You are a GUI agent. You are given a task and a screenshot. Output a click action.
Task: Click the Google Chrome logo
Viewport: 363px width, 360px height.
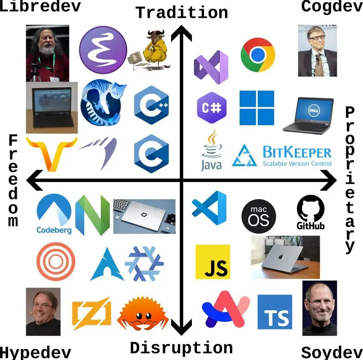(x=258, y=55)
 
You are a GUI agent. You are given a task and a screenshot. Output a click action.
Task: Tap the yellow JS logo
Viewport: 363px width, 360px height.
(x=213, y=262)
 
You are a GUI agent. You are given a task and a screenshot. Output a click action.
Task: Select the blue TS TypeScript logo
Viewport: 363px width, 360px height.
(x=275, y=312)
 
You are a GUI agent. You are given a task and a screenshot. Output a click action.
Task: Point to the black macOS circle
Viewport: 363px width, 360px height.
(x=259, y=216)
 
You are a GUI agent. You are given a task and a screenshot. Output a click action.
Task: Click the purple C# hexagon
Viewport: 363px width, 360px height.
(x=212, y=108)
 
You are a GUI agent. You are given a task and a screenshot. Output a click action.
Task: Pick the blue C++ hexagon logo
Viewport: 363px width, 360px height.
(x=151, y=105)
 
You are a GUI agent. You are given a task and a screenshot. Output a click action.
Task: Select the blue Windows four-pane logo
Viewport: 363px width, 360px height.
(x=257, y=108)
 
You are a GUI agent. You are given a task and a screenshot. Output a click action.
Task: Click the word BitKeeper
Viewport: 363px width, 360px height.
(x=297, y=153)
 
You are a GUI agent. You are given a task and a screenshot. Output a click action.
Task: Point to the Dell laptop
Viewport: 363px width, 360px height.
(x=308, y=115)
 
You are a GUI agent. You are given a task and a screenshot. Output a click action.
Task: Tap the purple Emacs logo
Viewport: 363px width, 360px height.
(x=103, y=50)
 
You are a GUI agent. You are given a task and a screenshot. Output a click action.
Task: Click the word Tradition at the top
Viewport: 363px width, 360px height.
(x=182, y=13)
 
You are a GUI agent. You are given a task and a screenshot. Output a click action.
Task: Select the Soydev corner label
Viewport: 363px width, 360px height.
(x=331, y=352)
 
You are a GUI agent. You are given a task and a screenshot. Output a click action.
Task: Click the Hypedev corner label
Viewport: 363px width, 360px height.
(x=35, y=352)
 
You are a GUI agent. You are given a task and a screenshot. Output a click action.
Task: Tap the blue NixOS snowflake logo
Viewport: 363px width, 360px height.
(x=144, y=264)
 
